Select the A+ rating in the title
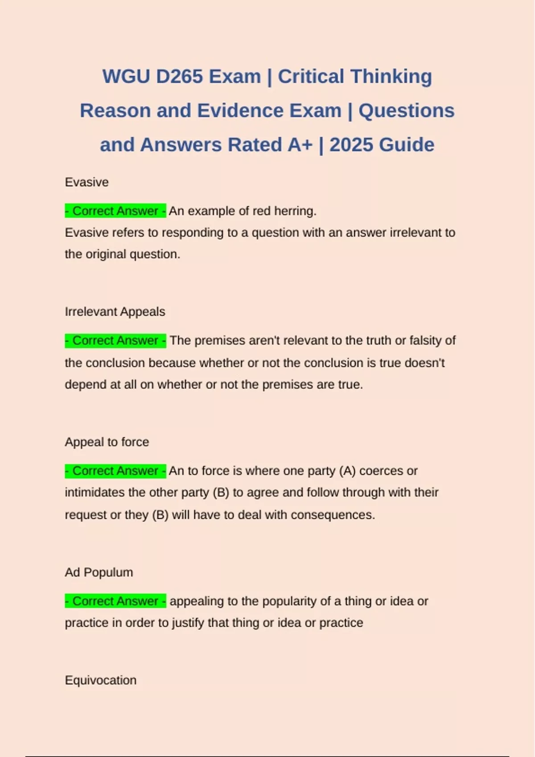(x=300, y=145)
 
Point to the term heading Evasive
(x=86, y=182)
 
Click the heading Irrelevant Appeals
(x=115, y=312)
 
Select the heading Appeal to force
(x=107, y=442)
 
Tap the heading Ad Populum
(x=99, y=572)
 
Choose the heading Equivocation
(x=100, y=680)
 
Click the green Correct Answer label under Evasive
(x=115, y=211)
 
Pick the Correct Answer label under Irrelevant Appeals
(x=115, y=341)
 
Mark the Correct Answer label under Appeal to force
(x=115, y=471)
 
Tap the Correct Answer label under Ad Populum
(x=115, y=601)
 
